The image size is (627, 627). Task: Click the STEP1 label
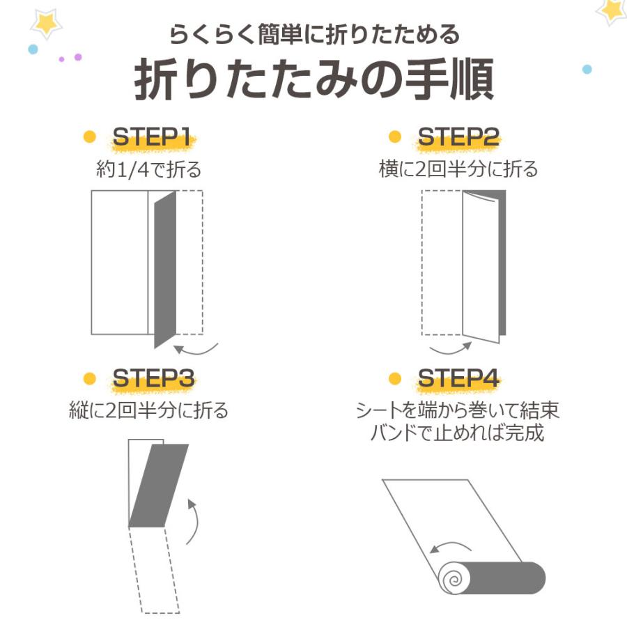[x=152, y=137]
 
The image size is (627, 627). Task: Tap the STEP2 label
[x=458, y=137]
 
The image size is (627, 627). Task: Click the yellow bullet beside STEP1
[x=89, y=137]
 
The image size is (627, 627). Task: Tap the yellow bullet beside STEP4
[x=395, y=378]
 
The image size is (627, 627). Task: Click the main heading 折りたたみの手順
[x=313, y=81]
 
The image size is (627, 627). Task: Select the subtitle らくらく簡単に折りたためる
[x=313, y=33]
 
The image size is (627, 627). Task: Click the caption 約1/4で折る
[x=148, y=169]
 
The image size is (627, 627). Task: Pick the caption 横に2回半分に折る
[x=458, y=169]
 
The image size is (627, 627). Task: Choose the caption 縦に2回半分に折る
[x=148, y=410]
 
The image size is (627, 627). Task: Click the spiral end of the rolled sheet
[x=451, y=578]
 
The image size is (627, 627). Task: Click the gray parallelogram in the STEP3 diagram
[x=159, y=485]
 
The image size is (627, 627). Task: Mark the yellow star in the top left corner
[x=46, y=23]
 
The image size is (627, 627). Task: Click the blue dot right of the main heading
[x=587, y=69]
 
